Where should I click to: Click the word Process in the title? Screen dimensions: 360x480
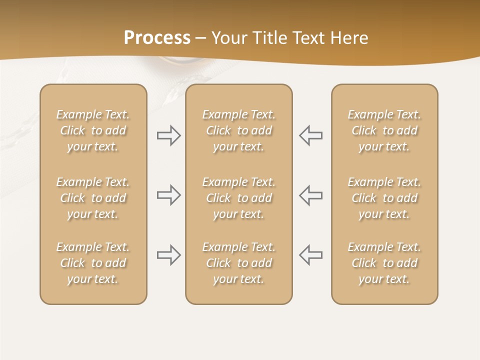(157, 38)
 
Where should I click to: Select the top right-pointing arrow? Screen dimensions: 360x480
(168, 135)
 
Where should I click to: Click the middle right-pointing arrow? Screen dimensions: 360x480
(168, 195)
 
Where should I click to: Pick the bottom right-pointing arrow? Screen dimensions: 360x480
(168, 255)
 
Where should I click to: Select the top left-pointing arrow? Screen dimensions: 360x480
(311, 135)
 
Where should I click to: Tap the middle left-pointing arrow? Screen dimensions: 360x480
(311, 195)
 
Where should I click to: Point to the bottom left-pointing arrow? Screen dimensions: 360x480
(311, 255)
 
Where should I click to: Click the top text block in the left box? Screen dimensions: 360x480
(93, 130)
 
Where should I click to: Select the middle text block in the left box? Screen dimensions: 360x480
(93, 198)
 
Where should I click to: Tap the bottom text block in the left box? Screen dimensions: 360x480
(93, 263)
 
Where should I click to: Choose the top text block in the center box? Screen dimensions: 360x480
(239, 130)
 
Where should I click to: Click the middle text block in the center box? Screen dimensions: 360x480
(239, 198)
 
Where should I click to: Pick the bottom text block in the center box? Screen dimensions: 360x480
(239, 263)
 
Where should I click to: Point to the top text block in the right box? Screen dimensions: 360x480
(384, 130)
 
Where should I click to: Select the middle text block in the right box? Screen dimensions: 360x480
(384, 198)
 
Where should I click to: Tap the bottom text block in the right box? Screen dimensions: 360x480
(384, 263)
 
